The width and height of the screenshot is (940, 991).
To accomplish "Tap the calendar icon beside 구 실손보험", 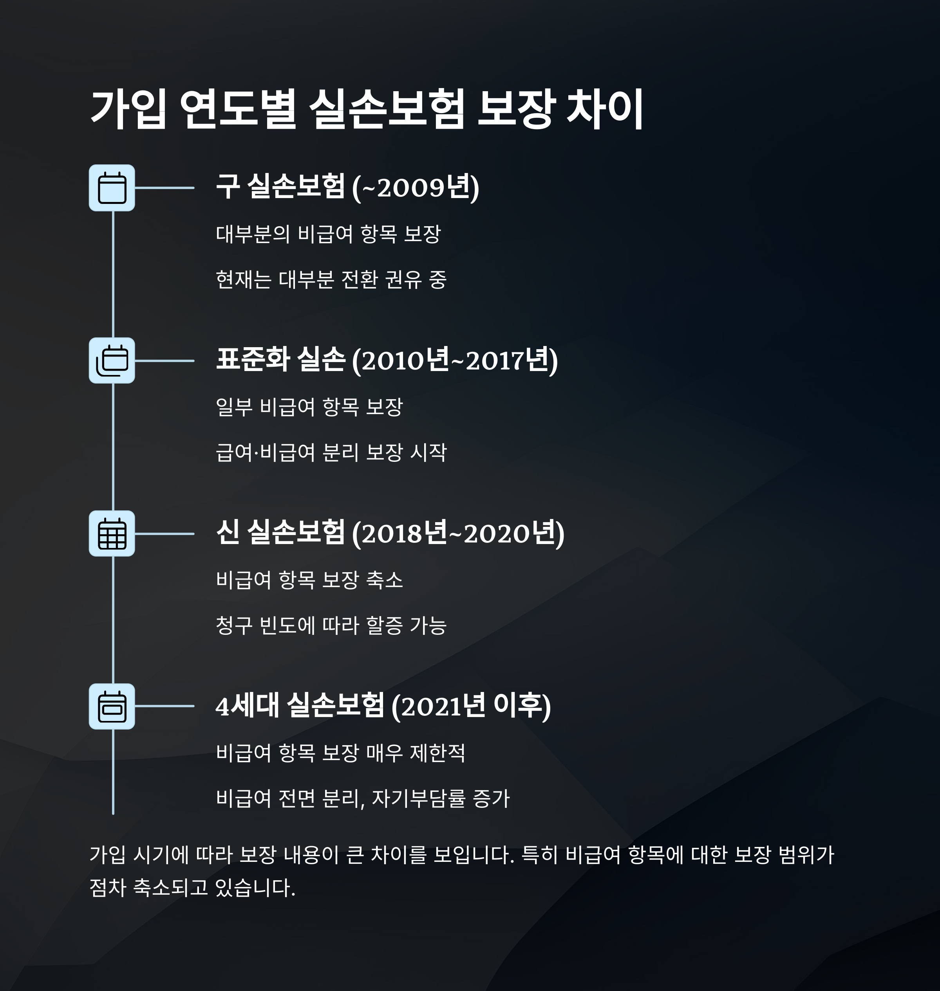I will pyautogui.click(x=112, y=188).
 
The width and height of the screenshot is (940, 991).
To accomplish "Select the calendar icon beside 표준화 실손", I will pyautogui.click(x=112, y=360).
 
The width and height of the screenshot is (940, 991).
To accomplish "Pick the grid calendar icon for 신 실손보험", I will pyautogui.click(x=112, y=533).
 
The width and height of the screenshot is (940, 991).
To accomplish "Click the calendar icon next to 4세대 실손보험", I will pyautogui.click(x=112, y=706).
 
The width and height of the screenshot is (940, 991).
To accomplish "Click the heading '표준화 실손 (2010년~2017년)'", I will pyautogui.click(x=386, y=360).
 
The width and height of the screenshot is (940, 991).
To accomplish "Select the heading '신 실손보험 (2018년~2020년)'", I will pyautogui.click(x=390, y=533).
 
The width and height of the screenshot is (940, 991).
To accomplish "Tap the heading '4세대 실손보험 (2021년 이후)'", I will pyautogui.click(x=383, y=706).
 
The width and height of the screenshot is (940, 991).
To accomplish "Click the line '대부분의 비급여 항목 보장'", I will pyautogui.click(x=328, y=234).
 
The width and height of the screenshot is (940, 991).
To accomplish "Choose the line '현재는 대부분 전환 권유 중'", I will pyautogui.click(x=331, y=279).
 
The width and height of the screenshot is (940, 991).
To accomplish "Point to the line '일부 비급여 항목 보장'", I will pyautogui.click(x=309, y=407).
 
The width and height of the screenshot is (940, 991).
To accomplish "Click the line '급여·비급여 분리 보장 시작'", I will pyautogui.click(x=331, y=452).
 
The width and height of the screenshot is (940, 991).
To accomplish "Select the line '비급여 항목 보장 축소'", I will pyautogui.click(x=309, y=580).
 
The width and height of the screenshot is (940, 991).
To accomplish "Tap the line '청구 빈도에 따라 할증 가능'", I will pyautogui.click(x=331, y=625).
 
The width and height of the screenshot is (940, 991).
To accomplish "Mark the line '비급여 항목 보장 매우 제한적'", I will pyautogui.click(x=340, y=753).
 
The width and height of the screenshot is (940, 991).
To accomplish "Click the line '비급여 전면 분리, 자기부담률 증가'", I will pyautogui.click(x=362, y=798).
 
